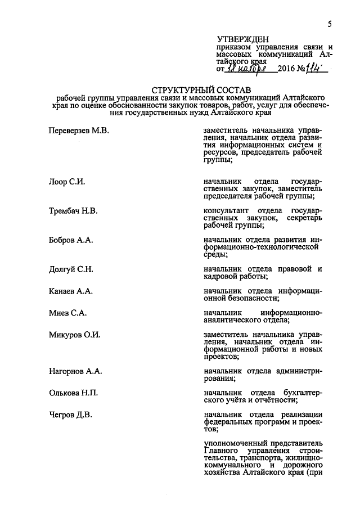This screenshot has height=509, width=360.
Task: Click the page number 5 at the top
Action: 330,24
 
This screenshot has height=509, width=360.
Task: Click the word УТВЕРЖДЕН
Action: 239,39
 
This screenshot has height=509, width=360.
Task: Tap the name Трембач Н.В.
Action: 73,211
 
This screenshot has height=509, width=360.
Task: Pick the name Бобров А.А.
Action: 70,240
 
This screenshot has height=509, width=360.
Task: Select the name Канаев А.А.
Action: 70,291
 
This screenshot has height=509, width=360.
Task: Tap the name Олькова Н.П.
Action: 73,393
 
